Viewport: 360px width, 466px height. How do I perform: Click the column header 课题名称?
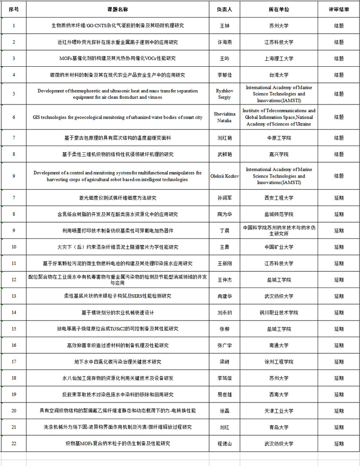click(x=118, y=9)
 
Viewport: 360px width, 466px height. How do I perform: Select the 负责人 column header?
click(x=224, y=9)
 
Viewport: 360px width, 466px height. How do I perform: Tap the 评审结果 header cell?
click(x=339, y=9)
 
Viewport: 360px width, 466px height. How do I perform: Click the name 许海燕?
click(x=224, y=42)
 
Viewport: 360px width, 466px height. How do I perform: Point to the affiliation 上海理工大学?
click(x=278, y=58)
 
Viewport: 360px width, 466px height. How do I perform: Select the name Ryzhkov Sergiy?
click(x=224, y=94)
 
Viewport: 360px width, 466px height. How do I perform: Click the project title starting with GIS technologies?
click(x=118, y=117)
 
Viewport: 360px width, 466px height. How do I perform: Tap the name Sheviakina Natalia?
click(x=224, y=117)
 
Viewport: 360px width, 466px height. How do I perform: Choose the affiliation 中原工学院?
click(x=278, y=138)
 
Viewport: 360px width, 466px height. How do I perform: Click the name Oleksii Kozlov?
click(x=224, y=176)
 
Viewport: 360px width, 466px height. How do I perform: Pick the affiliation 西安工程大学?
click(x=278, y=198)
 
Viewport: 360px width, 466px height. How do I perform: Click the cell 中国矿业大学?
click(x=278, y=247)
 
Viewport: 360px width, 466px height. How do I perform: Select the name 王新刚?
click(x=224, y=263)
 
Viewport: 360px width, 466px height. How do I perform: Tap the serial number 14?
click(x=14, y=312)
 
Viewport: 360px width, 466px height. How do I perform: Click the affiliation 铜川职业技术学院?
click(x=278, y=312)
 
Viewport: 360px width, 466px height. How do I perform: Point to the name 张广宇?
click(x=224, y=345)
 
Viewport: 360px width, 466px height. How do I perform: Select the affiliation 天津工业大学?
click(x=278, y=411)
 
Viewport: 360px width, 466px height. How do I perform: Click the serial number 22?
click(x=14, y=443)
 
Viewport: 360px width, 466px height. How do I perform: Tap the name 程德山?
click(x=224, y=443)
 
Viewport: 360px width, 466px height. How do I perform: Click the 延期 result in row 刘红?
click(x=339, y=427)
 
